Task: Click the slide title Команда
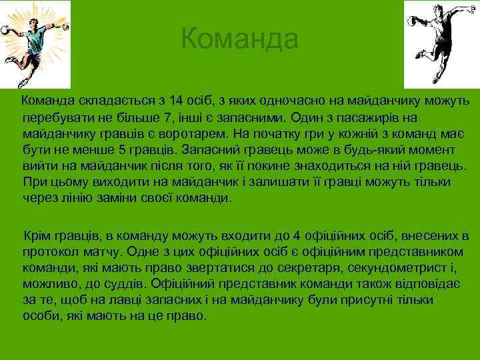(x=239, y=39)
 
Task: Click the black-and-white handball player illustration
(x=441, y=40)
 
